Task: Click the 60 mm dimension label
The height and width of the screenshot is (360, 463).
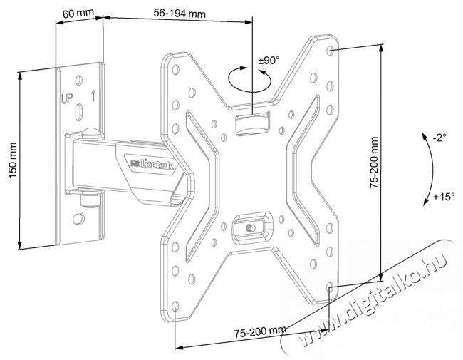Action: point(78,14)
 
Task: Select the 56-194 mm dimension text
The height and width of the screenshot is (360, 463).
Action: point(180,14)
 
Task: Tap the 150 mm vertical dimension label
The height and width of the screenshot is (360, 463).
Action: point(13,160)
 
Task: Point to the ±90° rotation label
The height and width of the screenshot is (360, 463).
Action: point(269,61)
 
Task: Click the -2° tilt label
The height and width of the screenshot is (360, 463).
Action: point(439,138)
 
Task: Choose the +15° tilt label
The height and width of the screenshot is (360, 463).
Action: point(444,196)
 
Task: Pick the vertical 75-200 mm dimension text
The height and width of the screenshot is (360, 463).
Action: point(374,163)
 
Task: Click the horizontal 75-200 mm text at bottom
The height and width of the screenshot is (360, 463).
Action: point(260,331)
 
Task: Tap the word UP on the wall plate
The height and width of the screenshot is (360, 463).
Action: point(67,98)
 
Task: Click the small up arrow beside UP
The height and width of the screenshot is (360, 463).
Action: point(93,96)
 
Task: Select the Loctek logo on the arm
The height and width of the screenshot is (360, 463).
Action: point(152,164)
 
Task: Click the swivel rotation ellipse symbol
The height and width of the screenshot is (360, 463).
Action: point(249,79)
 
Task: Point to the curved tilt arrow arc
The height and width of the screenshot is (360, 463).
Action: point(432,168)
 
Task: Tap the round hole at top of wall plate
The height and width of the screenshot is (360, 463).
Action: point(79,80)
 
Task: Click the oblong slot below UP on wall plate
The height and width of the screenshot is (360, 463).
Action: point(79,112)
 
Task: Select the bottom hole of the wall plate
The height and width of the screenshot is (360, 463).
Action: point(78,219)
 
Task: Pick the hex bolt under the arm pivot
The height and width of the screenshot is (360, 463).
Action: point(90,200)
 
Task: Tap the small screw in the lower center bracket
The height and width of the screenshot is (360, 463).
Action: point(251,228)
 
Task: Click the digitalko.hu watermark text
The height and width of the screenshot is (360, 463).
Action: point(373,299)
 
